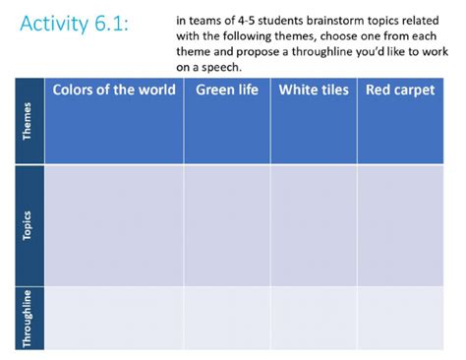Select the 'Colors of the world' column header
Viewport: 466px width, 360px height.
[114, 90]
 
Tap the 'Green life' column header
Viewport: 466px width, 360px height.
[227, 90]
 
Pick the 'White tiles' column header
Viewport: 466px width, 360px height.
[314, 90]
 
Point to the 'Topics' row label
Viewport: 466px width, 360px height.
[28, 225]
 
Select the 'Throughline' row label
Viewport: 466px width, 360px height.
[28, 317]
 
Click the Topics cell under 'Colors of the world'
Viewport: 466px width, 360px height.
[114, 225]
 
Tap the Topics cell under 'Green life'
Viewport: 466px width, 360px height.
[227, 225]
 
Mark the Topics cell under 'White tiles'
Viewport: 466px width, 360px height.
[314, 225]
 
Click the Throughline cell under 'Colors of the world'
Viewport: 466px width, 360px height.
[114, 317]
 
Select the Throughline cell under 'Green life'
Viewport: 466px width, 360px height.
[227, 317]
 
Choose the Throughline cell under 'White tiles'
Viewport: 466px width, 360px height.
[314, 317]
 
